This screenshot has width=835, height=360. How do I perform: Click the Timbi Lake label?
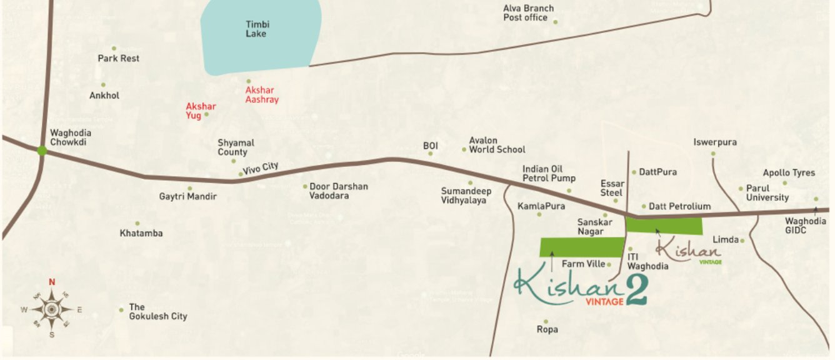(256, 29)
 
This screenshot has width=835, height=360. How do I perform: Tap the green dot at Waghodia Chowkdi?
(42, 150)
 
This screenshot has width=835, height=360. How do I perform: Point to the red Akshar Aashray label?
(262, 95)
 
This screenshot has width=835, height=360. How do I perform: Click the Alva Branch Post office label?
(528, 13)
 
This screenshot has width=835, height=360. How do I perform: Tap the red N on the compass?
(52, 282)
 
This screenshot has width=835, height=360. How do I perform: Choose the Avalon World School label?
(497, 145)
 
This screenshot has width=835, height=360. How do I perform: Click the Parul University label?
(767, 192)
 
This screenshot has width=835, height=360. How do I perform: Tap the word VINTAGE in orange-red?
(604, 301)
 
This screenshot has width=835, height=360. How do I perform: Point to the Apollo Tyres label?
(789, 173)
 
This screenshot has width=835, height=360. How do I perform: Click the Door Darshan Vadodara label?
(339, 191)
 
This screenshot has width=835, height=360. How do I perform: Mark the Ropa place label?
(547, 329)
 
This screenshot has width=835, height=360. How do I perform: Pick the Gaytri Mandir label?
(187, 197)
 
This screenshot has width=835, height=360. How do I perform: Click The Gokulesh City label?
(157, 312)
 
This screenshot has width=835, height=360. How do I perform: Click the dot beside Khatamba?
(137, 223)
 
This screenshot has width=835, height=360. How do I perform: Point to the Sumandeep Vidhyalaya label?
(466, 196)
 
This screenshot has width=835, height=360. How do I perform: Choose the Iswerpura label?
(715, 142)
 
